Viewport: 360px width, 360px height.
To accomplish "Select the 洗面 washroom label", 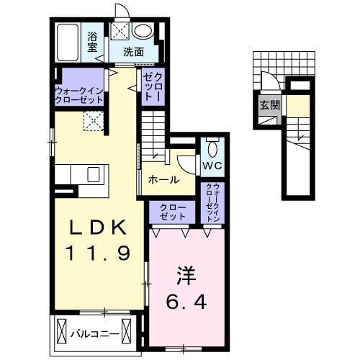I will (x=132, y=52).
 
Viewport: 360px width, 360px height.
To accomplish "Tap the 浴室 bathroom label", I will (x=94, y=42).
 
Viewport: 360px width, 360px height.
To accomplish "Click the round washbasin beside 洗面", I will (x=143, y=32).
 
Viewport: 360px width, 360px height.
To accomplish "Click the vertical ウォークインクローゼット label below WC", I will (x=214, y=202).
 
